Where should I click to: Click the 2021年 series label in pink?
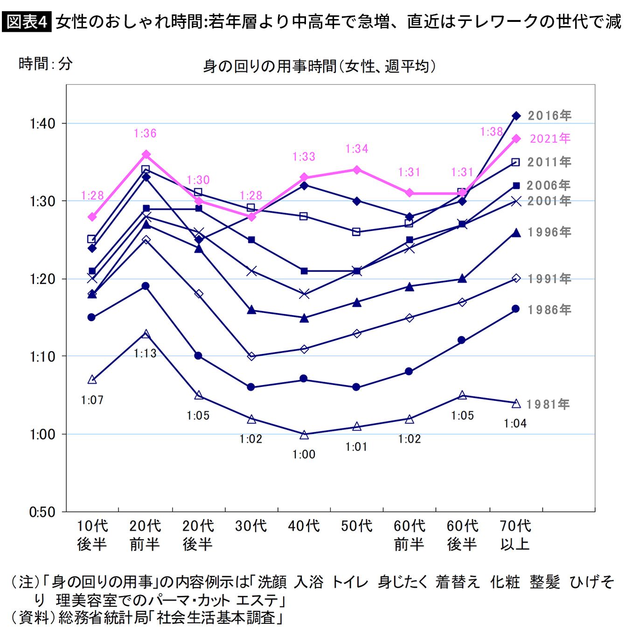coord(550,138)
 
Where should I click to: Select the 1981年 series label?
coord(548,404)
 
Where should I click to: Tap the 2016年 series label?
coord(549,116)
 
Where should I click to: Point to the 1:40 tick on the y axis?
coord(42,124)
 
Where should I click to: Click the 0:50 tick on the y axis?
coord(42,512)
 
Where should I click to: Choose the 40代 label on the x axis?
coord(304,526)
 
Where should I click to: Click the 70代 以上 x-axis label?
coord(515,535)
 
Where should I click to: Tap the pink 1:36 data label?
coord(145,133)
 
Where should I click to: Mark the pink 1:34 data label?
coord(357,149)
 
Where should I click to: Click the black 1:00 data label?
coord(304,455)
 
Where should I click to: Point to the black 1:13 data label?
coord(145,353)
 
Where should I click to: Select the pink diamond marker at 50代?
coord(357,170)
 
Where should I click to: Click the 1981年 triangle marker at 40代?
coord(304,435)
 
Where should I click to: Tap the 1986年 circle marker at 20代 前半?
coord(145,286)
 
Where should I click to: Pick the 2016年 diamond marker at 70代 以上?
coord(516,116)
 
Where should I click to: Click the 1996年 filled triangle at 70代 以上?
coord(516,233)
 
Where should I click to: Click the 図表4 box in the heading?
coord(27,22)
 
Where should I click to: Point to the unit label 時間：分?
coord(46,64)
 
